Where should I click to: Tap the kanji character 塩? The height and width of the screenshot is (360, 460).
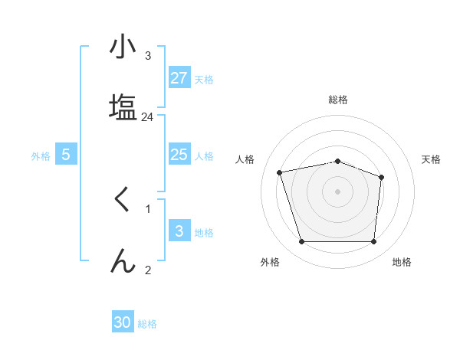tap(123, 105)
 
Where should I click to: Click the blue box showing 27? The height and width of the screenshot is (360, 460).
tap(179, 78)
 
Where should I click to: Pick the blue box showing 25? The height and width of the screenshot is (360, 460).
tap(179, 155)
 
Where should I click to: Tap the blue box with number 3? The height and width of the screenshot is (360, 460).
tap(179, 231)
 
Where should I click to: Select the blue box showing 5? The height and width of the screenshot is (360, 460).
tap(66, 155)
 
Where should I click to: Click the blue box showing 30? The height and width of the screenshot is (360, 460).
tap(123, 322)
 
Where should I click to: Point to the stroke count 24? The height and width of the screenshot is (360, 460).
tap(148, 117)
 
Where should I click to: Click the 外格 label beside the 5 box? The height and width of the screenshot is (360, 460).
tap(41, 156)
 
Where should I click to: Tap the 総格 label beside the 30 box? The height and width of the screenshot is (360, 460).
tap(147, 324)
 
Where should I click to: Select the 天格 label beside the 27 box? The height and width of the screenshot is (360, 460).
tap(203, 80)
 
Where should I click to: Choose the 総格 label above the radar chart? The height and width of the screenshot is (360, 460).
tap(338, 100)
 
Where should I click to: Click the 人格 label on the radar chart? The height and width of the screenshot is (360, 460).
tap(248, 159)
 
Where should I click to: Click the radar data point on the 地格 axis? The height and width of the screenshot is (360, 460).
tap(373, 242)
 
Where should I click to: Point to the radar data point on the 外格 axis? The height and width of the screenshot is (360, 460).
tap(301, 242)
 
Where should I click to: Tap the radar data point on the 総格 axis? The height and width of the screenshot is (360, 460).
tap(337, 161)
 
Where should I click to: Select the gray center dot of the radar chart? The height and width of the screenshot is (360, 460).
tap(337, 191)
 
